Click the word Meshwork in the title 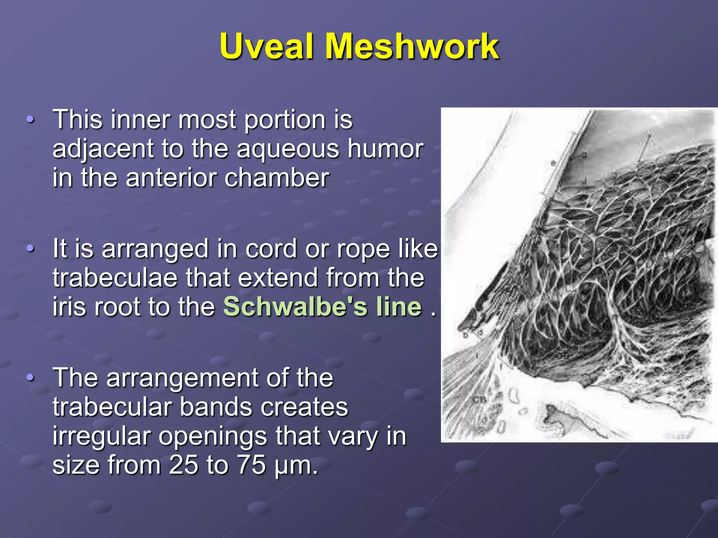point(412,47)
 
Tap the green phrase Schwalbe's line point(323,307)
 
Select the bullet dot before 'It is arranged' point(31,249)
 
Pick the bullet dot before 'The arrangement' point(31,378)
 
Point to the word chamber point(277,178)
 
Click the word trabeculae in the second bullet point(115,278)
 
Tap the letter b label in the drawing point(466,335)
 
